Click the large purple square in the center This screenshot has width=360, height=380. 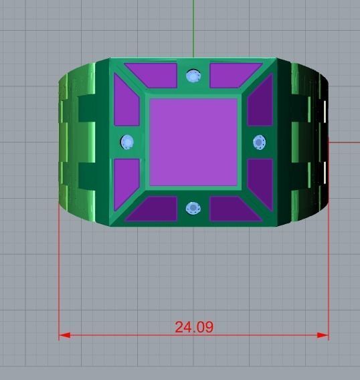(193, 142)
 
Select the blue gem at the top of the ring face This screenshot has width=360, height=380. (194, 76)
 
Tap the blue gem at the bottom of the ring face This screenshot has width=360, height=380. (193, 207)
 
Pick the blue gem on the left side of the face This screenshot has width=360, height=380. (127, 142)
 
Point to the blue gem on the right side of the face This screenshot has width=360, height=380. (260, 142)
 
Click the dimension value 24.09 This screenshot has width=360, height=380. (194, 327)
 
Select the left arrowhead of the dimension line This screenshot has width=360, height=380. (64, 335)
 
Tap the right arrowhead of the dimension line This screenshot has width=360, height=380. (325, 335)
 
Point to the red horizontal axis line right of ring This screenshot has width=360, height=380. (345, 141)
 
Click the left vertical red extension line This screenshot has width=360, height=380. (60, 268)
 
